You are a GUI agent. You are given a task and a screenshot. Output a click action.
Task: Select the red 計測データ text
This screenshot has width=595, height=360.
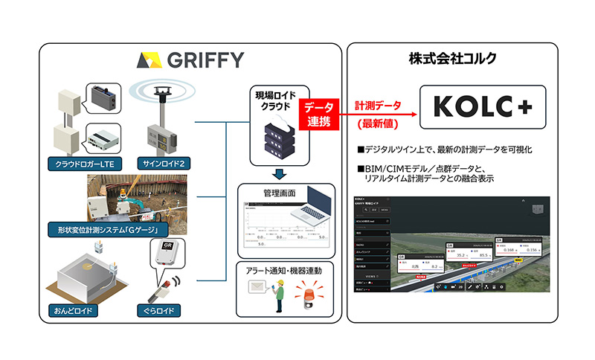point(376,106)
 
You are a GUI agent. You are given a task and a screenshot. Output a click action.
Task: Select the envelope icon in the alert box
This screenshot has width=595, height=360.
point(255,291)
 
